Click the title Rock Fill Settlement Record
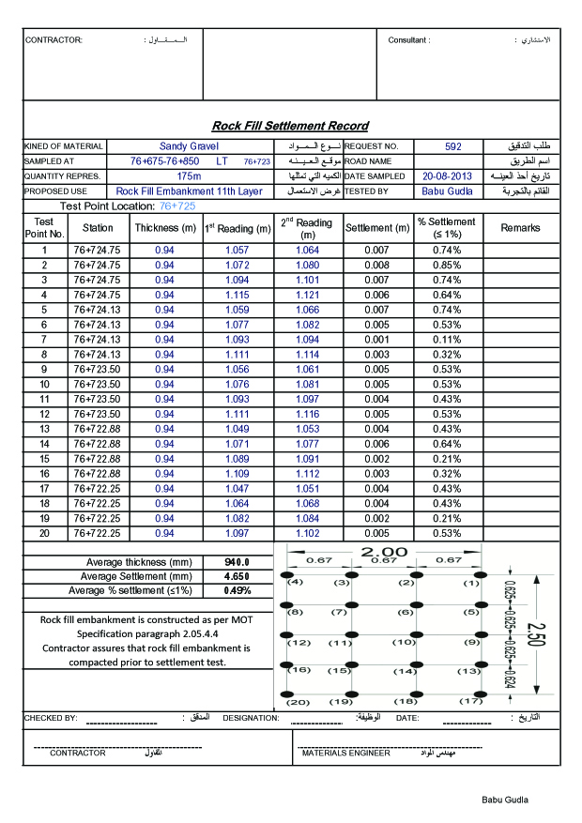[290, 126]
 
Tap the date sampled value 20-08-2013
[447, 176]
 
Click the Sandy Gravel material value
[189, 146]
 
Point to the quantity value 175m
[189, 176]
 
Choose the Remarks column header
[520, 228]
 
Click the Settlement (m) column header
[377, 228]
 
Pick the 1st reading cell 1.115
[237, 295]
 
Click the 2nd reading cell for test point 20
[307, 533]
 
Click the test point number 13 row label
[44, 429]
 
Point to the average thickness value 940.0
[236, 561]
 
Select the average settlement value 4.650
[236, 576]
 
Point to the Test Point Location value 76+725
[177, 206]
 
